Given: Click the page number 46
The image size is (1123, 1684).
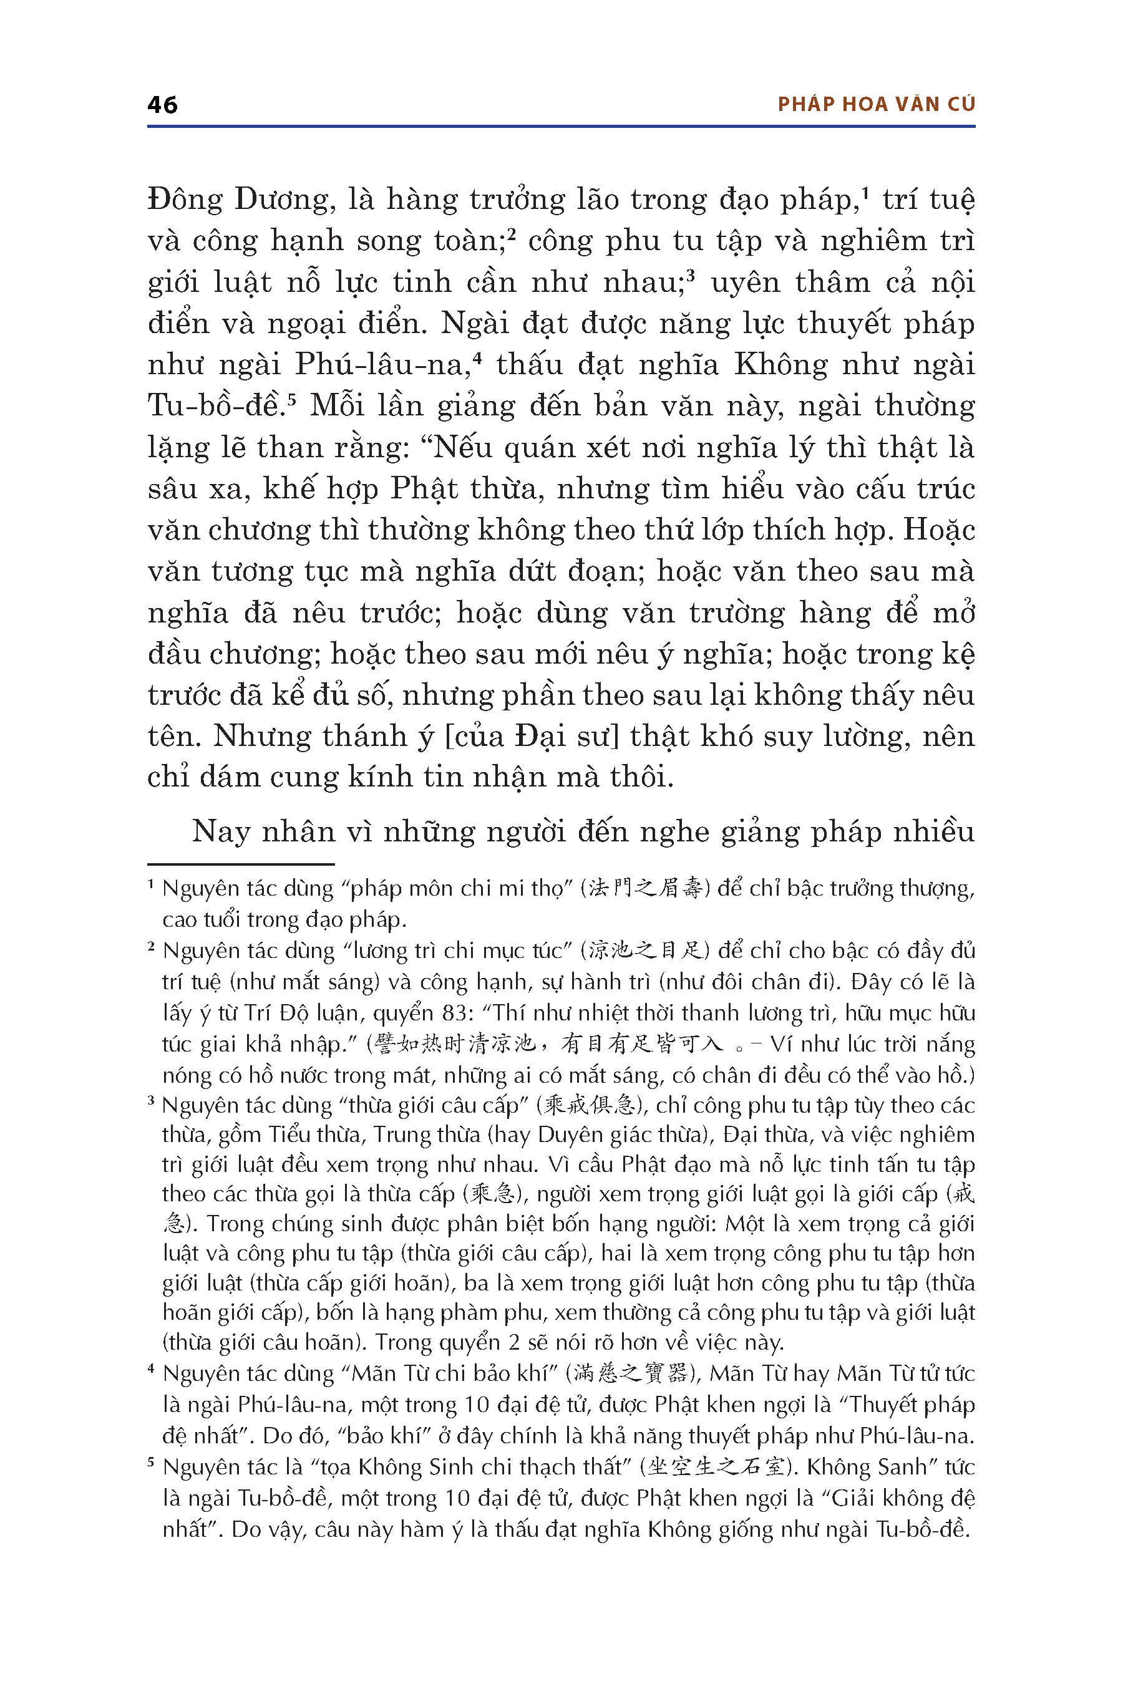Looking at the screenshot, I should [163, 105].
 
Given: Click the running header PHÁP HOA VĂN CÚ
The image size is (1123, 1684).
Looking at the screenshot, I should [876, 105].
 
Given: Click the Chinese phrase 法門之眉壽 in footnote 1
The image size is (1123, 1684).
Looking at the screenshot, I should [643, 889].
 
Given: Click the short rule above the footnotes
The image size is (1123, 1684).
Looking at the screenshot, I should [241, 864].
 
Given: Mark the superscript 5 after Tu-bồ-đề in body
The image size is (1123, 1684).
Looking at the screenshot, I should [291, 397].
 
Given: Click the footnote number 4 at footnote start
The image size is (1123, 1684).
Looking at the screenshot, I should [152, 1368].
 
